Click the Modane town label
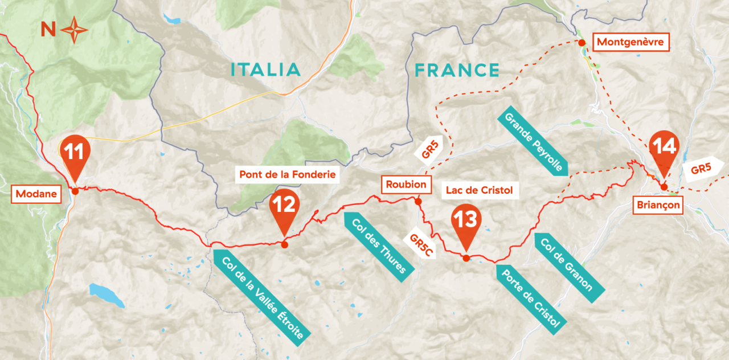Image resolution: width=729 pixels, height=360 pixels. point(36,194)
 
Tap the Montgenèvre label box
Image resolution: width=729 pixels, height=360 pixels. point(632,42)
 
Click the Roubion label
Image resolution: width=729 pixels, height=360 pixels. point(406,185)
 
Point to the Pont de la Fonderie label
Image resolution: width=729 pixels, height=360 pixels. point(287,174)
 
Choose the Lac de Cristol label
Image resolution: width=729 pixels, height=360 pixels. point(480,190)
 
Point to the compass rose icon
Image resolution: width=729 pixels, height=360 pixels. point(74,30)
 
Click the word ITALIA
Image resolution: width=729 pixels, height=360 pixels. point(265,70)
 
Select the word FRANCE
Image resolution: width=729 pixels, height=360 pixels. point(457,70)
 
